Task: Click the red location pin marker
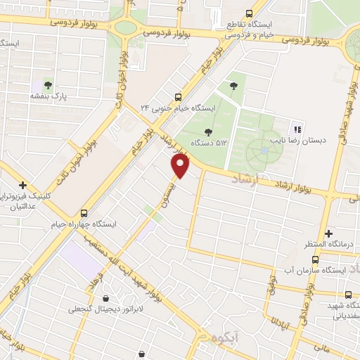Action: pyautogui.click(x=181, y=166)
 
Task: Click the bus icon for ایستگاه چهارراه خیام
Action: pyautogui.click(x=84, y=213)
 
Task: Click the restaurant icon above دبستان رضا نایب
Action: pyautogui.click(x=297, y=129)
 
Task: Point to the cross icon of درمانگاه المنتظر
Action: pyautogui.click(x=329, y=233)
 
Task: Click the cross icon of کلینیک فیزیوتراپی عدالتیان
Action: pyautogui.click(x=23, y=185)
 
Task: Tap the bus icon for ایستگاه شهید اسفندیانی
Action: pyautogui.click(x=348, y=295)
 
